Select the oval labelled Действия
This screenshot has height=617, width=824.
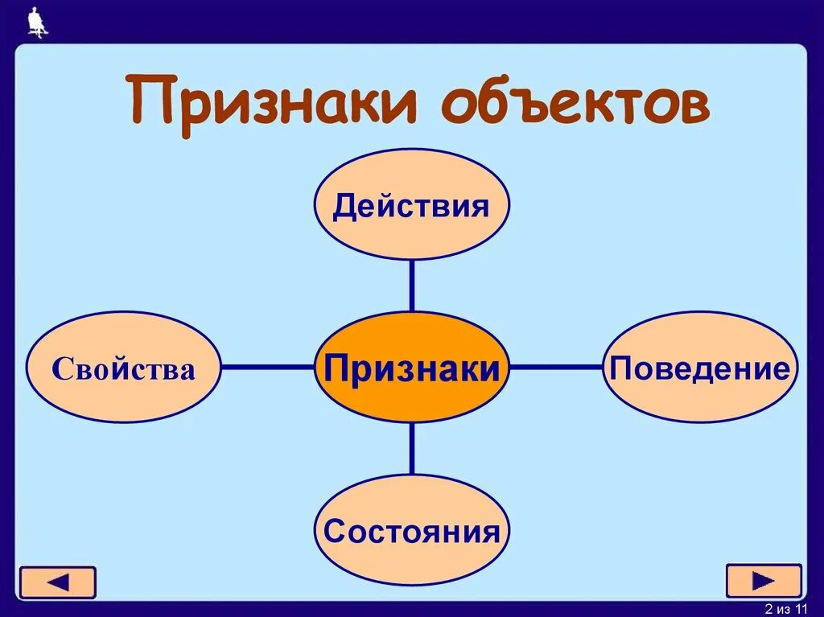[411, 204]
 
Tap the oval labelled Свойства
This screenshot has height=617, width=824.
[123, 368]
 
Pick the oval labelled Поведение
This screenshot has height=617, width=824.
[700, 368]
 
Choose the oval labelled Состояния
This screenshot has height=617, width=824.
[411, 530]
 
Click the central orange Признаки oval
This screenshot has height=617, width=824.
[411, 368]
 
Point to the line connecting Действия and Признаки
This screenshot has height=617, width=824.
[411, 286]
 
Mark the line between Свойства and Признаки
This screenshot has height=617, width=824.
[266, 367]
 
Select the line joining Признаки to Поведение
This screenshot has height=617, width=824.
[556, 367]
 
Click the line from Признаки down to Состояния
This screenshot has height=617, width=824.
[411, 449]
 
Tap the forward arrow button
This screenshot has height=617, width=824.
[764, 581]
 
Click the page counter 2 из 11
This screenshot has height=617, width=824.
[785, 607]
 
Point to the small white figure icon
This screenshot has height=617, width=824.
[37, 22]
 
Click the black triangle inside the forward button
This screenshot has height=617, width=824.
[764, 581]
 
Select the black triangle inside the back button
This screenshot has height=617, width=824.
[57, 582]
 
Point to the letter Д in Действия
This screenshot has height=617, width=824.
[344, 206]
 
